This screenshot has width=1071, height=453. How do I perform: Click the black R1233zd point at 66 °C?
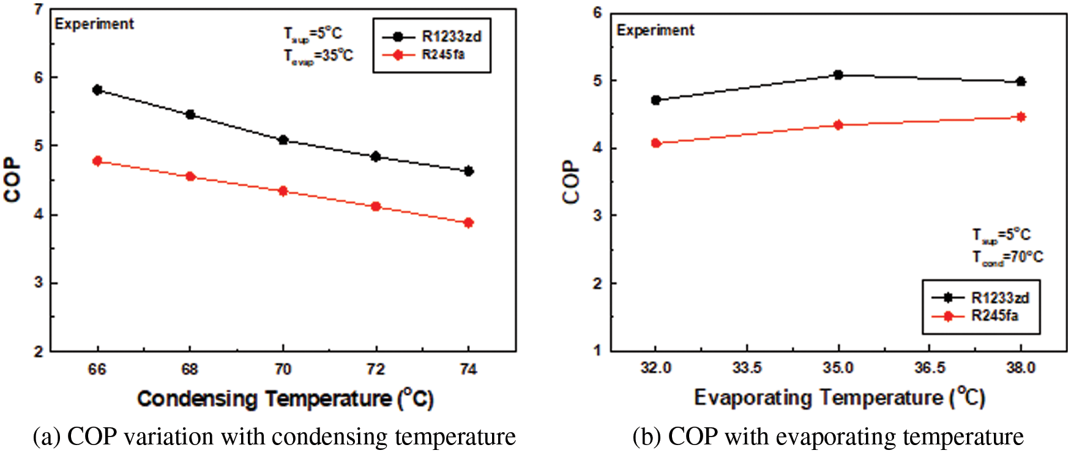97,90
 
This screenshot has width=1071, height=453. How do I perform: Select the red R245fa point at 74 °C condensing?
469,223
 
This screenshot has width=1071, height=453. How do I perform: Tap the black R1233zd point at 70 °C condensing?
283,140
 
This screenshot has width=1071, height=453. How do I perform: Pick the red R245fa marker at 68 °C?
190,176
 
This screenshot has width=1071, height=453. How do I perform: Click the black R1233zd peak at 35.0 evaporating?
838,75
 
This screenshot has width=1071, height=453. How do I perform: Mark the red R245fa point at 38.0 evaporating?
1021,117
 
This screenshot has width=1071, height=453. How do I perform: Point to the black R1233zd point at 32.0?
656,100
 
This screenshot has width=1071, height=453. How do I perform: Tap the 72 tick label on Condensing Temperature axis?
376,369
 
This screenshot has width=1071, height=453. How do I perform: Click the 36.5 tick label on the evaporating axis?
930,368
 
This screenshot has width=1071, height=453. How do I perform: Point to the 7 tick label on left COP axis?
39,10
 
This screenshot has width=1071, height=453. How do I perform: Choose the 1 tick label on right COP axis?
597,350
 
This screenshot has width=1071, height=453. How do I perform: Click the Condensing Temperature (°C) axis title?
285,399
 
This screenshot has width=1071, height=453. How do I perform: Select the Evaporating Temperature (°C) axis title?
839,398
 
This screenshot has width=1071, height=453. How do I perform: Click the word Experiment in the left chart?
94,24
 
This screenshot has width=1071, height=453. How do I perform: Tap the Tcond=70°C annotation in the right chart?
1007,257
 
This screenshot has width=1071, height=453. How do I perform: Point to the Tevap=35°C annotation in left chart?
318,56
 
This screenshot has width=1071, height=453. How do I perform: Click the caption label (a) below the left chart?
47,437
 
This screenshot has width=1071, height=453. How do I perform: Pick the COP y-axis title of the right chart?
570,182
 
